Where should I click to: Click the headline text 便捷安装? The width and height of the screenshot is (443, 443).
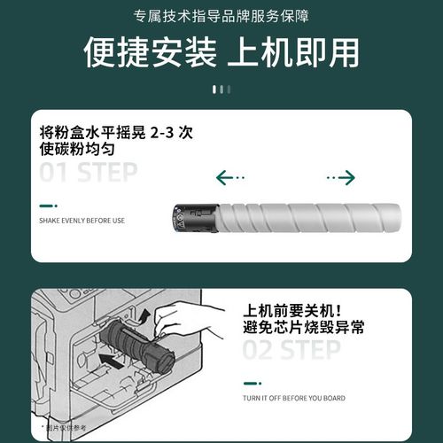pyautogui.click(x=150, y=53)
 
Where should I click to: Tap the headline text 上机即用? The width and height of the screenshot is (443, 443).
pyautogui.click(x=293, y=53)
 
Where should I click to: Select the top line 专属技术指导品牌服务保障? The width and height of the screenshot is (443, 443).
pyautogui.click(x=221, y=17)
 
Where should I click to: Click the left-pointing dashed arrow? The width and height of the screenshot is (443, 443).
pyautogui.click(x=230, y=178)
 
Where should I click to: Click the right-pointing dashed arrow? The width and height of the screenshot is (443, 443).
pyautogui.click(x=340, y=178)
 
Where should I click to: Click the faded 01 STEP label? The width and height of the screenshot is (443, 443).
pyautogui.click(x=89, y=171)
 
